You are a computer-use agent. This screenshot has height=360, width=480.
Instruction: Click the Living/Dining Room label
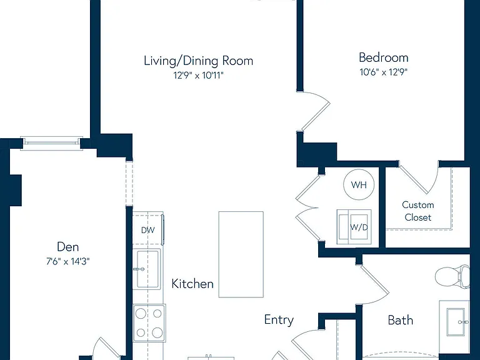pyautogui.click(x=198, y=61)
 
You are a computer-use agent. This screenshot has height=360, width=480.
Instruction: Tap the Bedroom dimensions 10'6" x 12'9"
pyautogui.click(x=383, y=72)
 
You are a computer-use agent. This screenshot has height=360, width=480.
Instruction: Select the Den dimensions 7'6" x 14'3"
pyautogui.click(x=68, y=261)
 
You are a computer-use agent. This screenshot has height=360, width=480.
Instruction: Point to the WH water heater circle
pyautogui.click(x=359, y=184)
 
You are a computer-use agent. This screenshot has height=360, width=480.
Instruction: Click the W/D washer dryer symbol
pyautogui.click(x=354, y=227)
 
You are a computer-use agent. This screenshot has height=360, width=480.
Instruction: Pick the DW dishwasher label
pyautogui.click(x=148, y=230)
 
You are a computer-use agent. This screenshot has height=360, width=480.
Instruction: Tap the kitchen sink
pyautogui.click(x=147, y=269)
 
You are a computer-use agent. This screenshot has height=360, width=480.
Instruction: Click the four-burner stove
pyautogui.click(x=149, y=323)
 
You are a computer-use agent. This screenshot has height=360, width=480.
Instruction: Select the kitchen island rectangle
pyautogui.click(x=241, y=254)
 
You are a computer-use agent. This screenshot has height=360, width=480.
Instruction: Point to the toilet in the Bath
pyautogui.click(x=452, y=277)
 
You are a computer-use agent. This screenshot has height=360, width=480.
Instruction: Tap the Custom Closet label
pyautogui.click(x=418, y=211)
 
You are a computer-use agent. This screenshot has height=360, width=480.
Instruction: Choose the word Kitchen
pyautogui.click(x=192, y=284)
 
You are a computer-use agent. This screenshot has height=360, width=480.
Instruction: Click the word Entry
pyautogui.click(x=279, y=320)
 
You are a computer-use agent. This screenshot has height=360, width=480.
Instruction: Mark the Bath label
pyautogui.click(x=401, y=320)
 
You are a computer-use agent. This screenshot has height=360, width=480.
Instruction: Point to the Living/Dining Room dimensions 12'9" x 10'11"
pyautogui.click(x=198, y=75)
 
